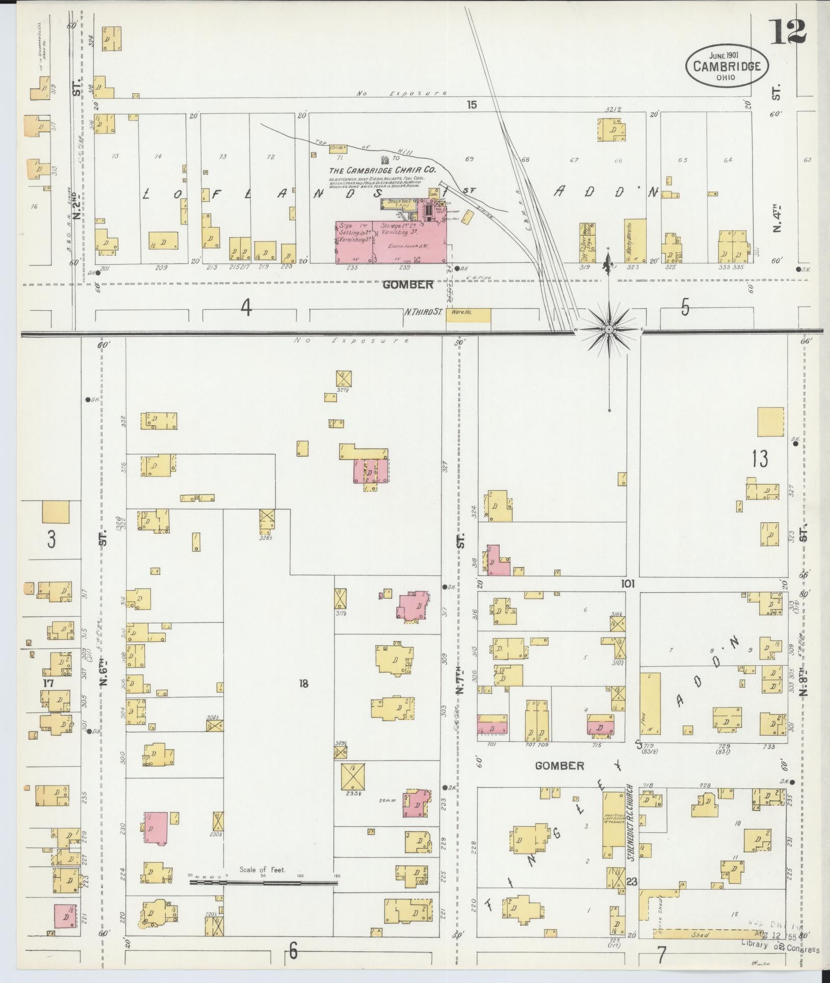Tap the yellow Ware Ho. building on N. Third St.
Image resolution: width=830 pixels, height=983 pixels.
point(468,315)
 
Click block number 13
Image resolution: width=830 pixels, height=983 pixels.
point(759,459)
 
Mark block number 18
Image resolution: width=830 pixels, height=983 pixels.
point(304,684)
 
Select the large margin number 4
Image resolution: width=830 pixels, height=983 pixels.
point(246,308)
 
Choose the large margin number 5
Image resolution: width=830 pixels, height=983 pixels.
point(685,308)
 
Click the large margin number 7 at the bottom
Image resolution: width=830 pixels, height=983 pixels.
point(662,952)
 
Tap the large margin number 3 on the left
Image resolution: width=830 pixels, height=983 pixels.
point(51,540)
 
